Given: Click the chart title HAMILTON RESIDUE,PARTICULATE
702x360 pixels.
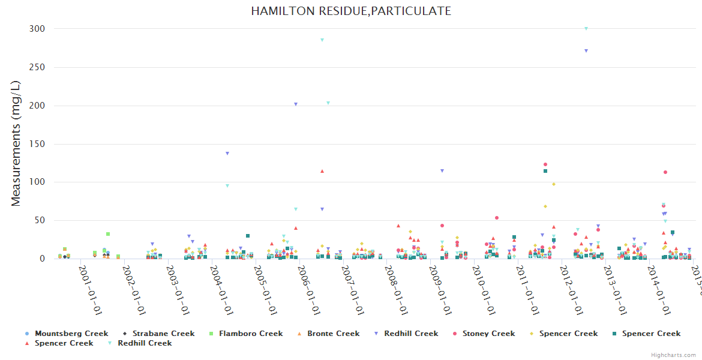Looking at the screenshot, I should click(351, 11).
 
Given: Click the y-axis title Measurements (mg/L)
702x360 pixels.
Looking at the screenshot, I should click(16, 144).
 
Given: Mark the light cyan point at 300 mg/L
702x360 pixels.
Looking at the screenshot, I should click(586, 29).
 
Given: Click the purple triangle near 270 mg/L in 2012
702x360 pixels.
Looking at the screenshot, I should click(586, 51).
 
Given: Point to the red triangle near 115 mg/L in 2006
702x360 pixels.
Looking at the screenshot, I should click(322, 171).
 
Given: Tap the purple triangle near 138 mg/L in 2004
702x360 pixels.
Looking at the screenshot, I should click(227, 154).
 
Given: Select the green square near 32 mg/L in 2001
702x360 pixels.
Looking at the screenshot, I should click(108, 234).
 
